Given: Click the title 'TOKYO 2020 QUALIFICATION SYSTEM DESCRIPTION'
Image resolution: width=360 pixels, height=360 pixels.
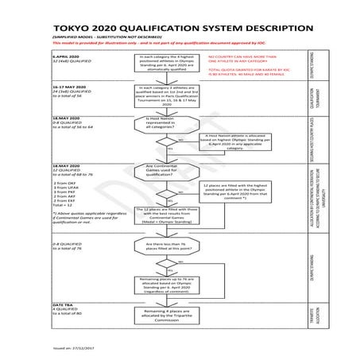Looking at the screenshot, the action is [180, 25].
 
